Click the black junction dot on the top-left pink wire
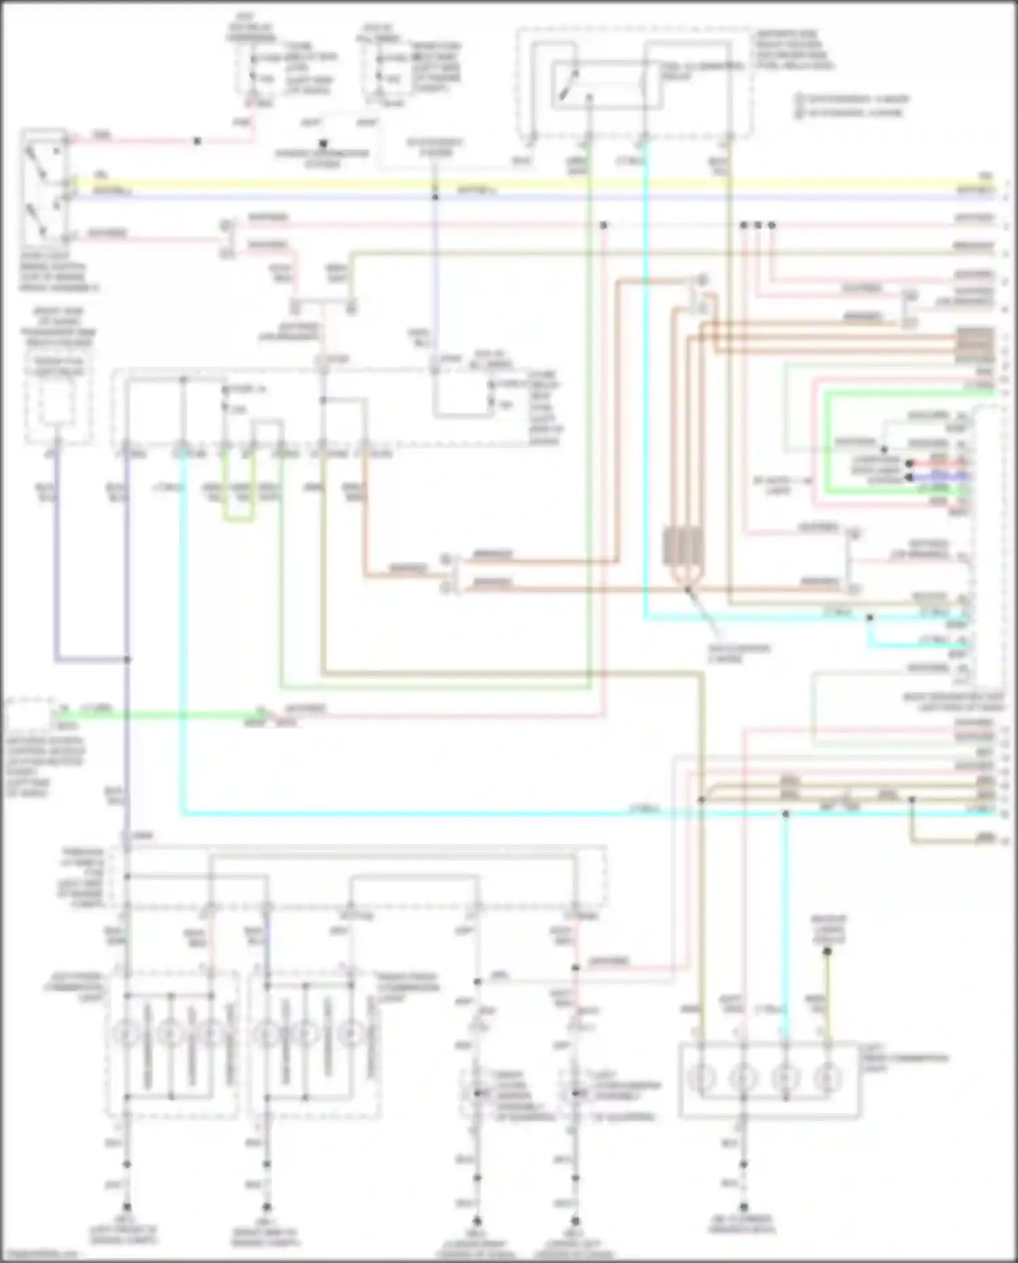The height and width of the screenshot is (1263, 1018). coord(197,141)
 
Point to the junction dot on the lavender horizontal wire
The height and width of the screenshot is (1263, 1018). coord(435,197)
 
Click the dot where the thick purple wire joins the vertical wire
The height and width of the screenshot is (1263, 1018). coord(127,659)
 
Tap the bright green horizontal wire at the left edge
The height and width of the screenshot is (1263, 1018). coord(163,714)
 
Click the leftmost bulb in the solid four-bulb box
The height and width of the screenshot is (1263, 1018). coord(702,1078)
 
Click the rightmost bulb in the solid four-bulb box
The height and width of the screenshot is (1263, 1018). coord(827,1078)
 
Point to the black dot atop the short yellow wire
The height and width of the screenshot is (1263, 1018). coord(827,951)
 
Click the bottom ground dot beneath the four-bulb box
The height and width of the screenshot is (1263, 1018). coord(743,1207)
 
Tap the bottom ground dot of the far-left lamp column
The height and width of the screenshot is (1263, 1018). coord(127,1207)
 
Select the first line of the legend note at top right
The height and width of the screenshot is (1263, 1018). coord(852,100)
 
